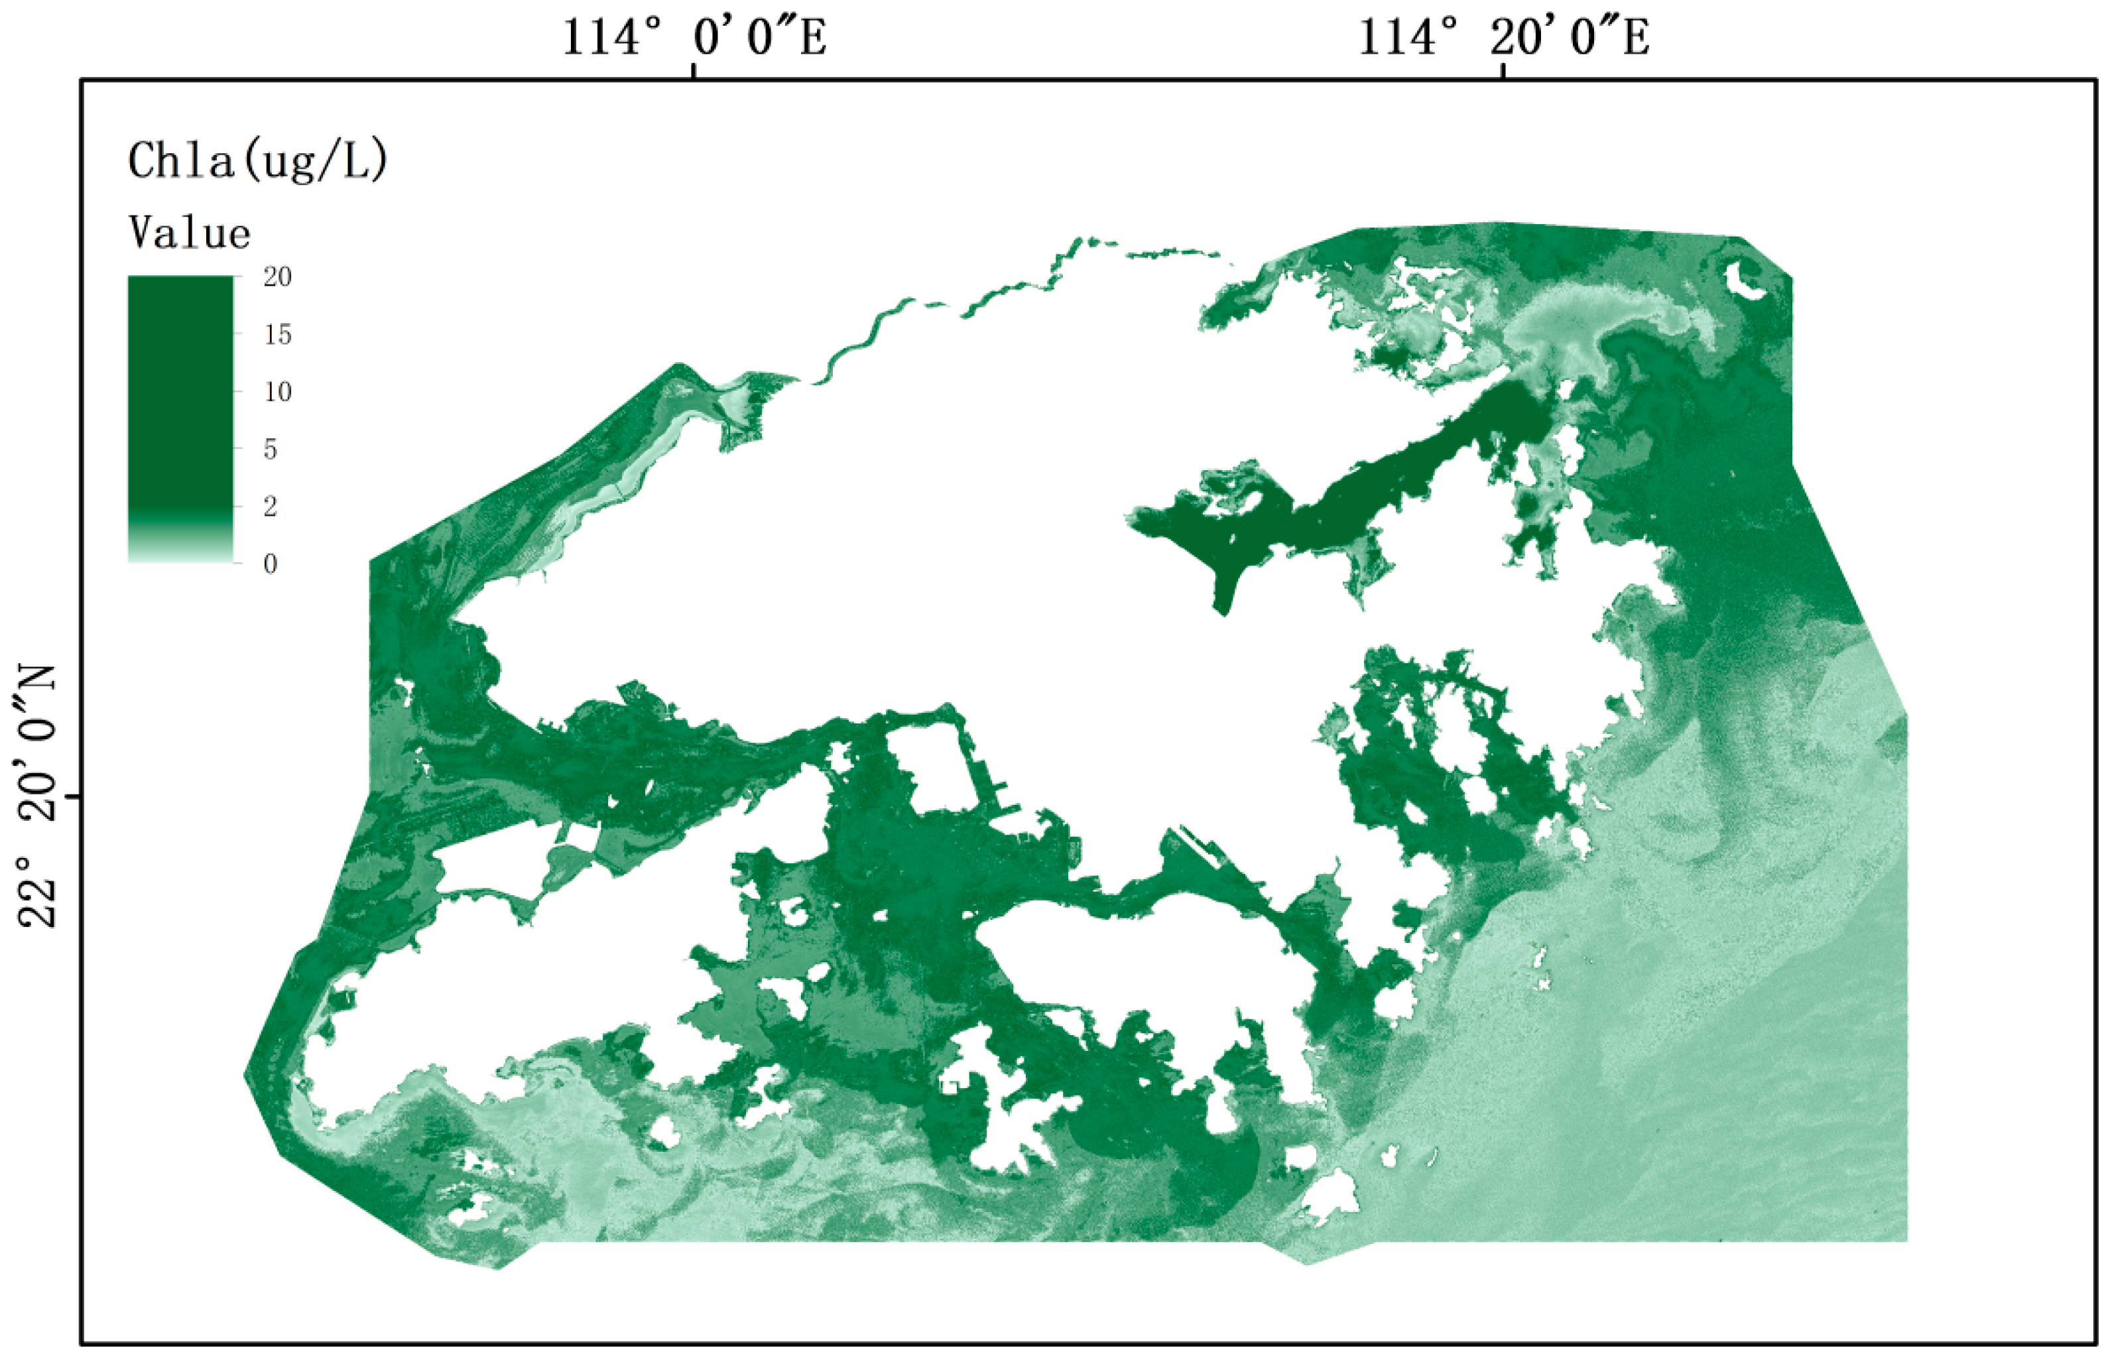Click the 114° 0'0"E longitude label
point(694,38)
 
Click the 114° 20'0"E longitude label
point(1503,38)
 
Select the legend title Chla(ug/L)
point(257,160)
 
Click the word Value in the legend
point(190,233)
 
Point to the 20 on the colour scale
point(277,277)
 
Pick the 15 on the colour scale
point(277,334)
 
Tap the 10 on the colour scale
point(277,392)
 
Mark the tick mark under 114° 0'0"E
point(694,70)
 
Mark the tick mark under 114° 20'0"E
point(1503,70)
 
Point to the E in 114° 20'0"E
point(1635,38)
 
